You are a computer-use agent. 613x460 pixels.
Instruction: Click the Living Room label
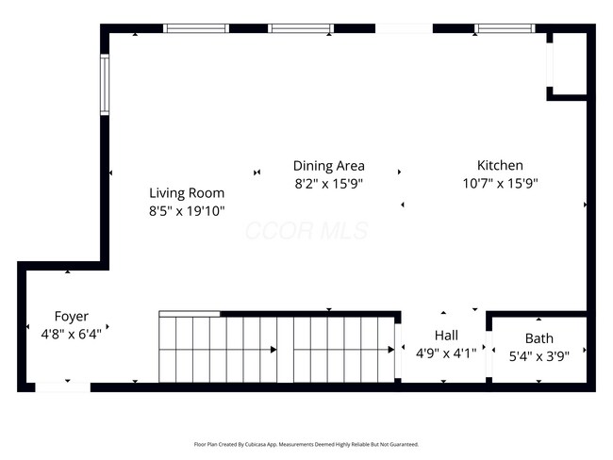pyautogui.click(x=186, y=192)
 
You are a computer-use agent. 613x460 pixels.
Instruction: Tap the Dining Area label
pyautogui.click(x=328, y=166)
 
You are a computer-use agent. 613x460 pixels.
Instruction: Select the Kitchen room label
pyautogui.click(x=499, y=165)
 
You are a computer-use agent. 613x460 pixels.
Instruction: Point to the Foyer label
pyautogui.click(x=71, y=316)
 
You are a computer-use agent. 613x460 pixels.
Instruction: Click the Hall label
pyautogui.click(x=446, y=335)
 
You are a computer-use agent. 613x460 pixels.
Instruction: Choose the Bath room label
pyautogui.click(x=539, y=338)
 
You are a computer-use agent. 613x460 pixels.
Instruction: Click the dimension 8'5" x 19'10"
pyautogui.click(x=186, y=211)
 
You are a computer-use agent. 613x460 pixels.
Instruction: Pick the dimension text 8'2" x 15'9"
pyautogui.click(x=328, y=184)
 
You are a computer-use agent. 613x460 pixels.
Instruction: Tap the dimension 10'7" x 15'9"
pyautogui.click(x=500, y=184)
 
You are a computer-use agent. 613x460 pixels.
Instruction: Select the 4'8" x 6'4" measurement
pyautogui.click(x=71, y=334)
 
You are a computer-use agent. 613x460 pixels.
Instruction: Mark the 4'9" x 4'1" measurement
pyautogui.click(x=446, y=353)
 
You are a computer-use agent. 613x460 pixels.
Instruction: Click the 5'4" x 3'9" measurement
pyautogui.click(x=539, y=356)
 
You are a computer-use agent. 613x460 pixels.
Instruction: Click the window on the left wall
pyautogui.click(x=106, y=86)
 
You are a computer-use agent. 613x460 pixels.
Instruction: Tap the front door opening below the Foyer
pyautogui.click(x=63, y=386)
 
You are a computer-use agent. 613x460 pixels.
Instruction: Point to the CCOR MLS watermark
pyautogui.click(x=306, y=231)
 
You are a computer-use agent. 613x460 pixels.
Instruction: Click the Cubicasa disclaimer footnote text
pyautogui.click(x=306, y=444)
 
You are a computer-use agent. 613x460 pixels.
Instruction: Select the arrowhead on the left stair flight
pyautogui.click(x=273, y=350)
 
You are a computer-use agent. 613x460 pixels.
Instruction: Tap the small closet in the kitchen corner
pyautogui.click(x=569, y=64)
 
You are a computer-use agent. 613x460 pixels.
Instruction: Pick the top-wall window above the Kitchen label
pyautogui.click(x=504, y=28)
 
